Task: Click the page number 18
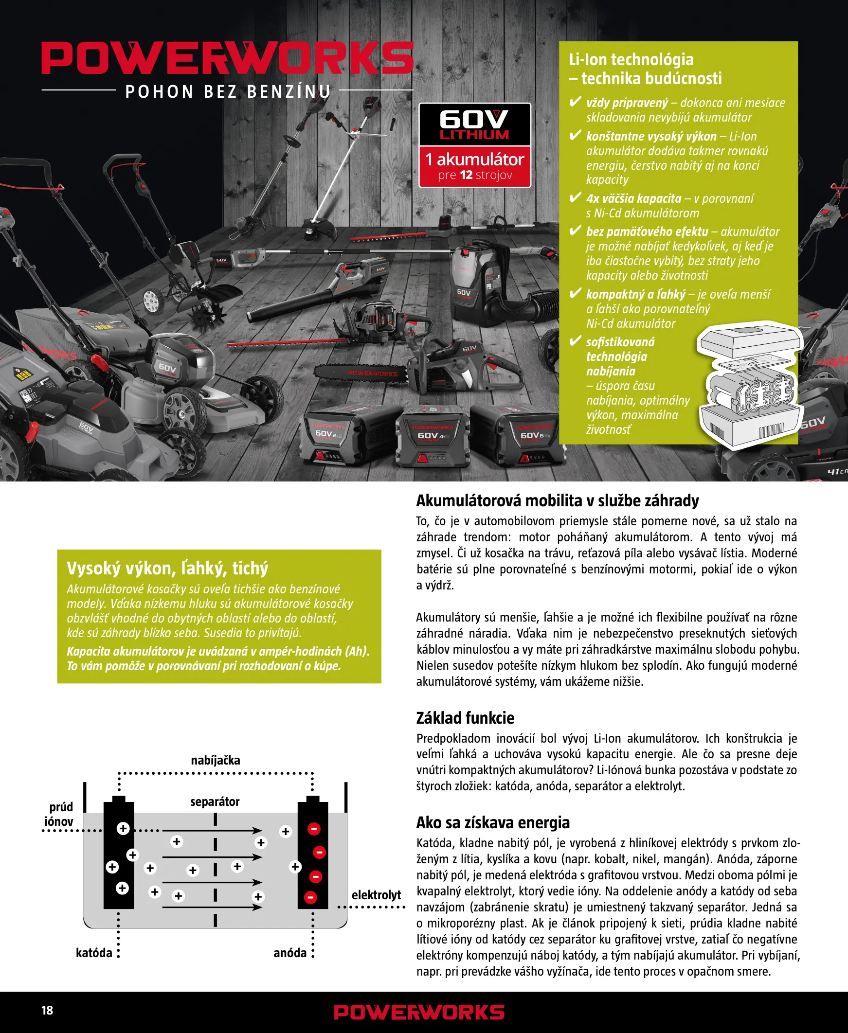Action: (47, 1010)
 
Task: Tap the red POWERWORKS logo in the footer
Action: (418, 1012)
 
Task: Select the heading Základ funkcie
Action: (465, 718)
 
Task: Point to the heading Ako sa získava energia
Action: (492, 822)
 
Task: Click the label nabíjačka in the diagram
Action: (216, 760)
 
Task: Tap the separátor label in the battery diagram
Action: (215, 801)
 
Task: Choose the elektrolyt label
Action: (376, 895)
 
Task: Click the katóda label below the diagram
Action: (94, 952)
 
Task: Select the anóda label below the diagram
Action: (289, 952)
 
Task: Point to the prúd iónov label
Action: (59, 814)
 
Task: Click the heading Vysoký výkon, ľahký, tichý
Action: (167, 568)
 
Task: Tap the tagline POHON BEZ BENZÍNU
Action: (228, 91)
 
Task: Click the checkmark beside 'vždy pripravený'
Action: (576, 102)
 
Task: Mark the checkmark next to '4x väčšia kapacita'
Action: (576, 197)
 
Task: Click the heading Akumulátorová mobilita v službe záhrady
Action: (557, 500)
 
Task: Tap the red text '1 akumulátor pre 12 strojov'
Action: (474, 166)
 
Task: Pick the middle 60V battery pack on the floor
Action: (432, 437)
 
